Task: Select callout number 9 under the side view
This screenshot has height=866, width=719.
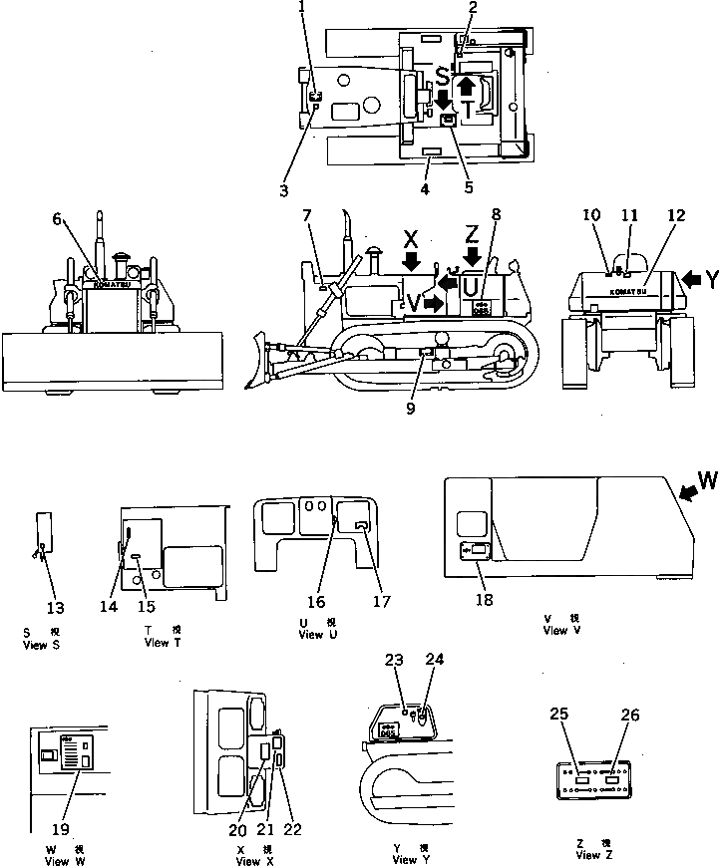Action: (x=412, y=407)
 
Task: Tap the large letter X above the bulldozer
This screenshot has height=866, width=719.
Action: (x=410, y=240)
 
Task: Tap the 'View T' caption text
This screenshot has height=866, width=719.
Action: (x=157, y=643)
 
